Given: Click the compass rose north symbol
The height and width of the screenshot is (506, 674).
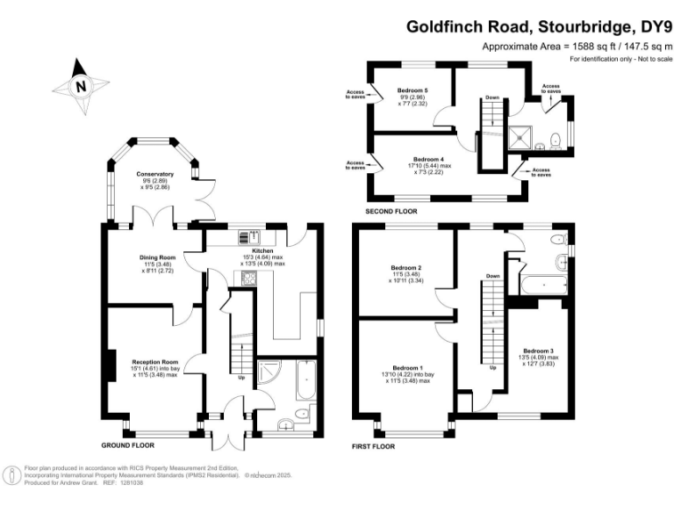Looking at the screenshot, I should [81, 86].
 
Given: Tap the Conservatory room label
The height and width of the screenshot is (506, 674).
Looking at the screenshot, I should [154, 174].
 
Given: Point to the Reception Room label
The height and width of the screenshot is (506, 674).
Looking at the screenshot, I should [154, 362].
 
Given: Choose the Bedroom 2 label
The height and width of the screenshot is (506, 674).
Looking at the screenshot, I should [407, 267].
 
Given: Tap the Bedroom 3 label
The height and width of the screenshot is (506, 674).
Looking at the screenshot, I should [538, 351].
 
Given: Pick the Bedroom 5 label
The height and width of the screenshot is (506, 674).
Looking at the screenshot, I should [412, 90].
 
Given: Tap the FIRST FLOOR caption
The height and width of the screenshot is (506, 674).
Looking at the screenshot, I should [372, 446].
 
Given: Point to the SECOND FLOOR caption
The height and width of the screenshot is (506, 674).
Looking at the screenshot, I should [391, 212].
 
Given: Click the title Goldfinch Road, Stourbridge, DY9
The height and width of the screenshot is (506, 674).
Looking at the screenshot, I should [539, 26].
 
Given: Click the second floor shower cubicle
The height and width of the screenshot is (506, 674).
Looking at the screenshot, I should [521, 136].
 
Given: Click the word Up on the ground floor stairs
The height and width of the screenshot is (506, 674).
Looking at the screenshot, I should [241, 379].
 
